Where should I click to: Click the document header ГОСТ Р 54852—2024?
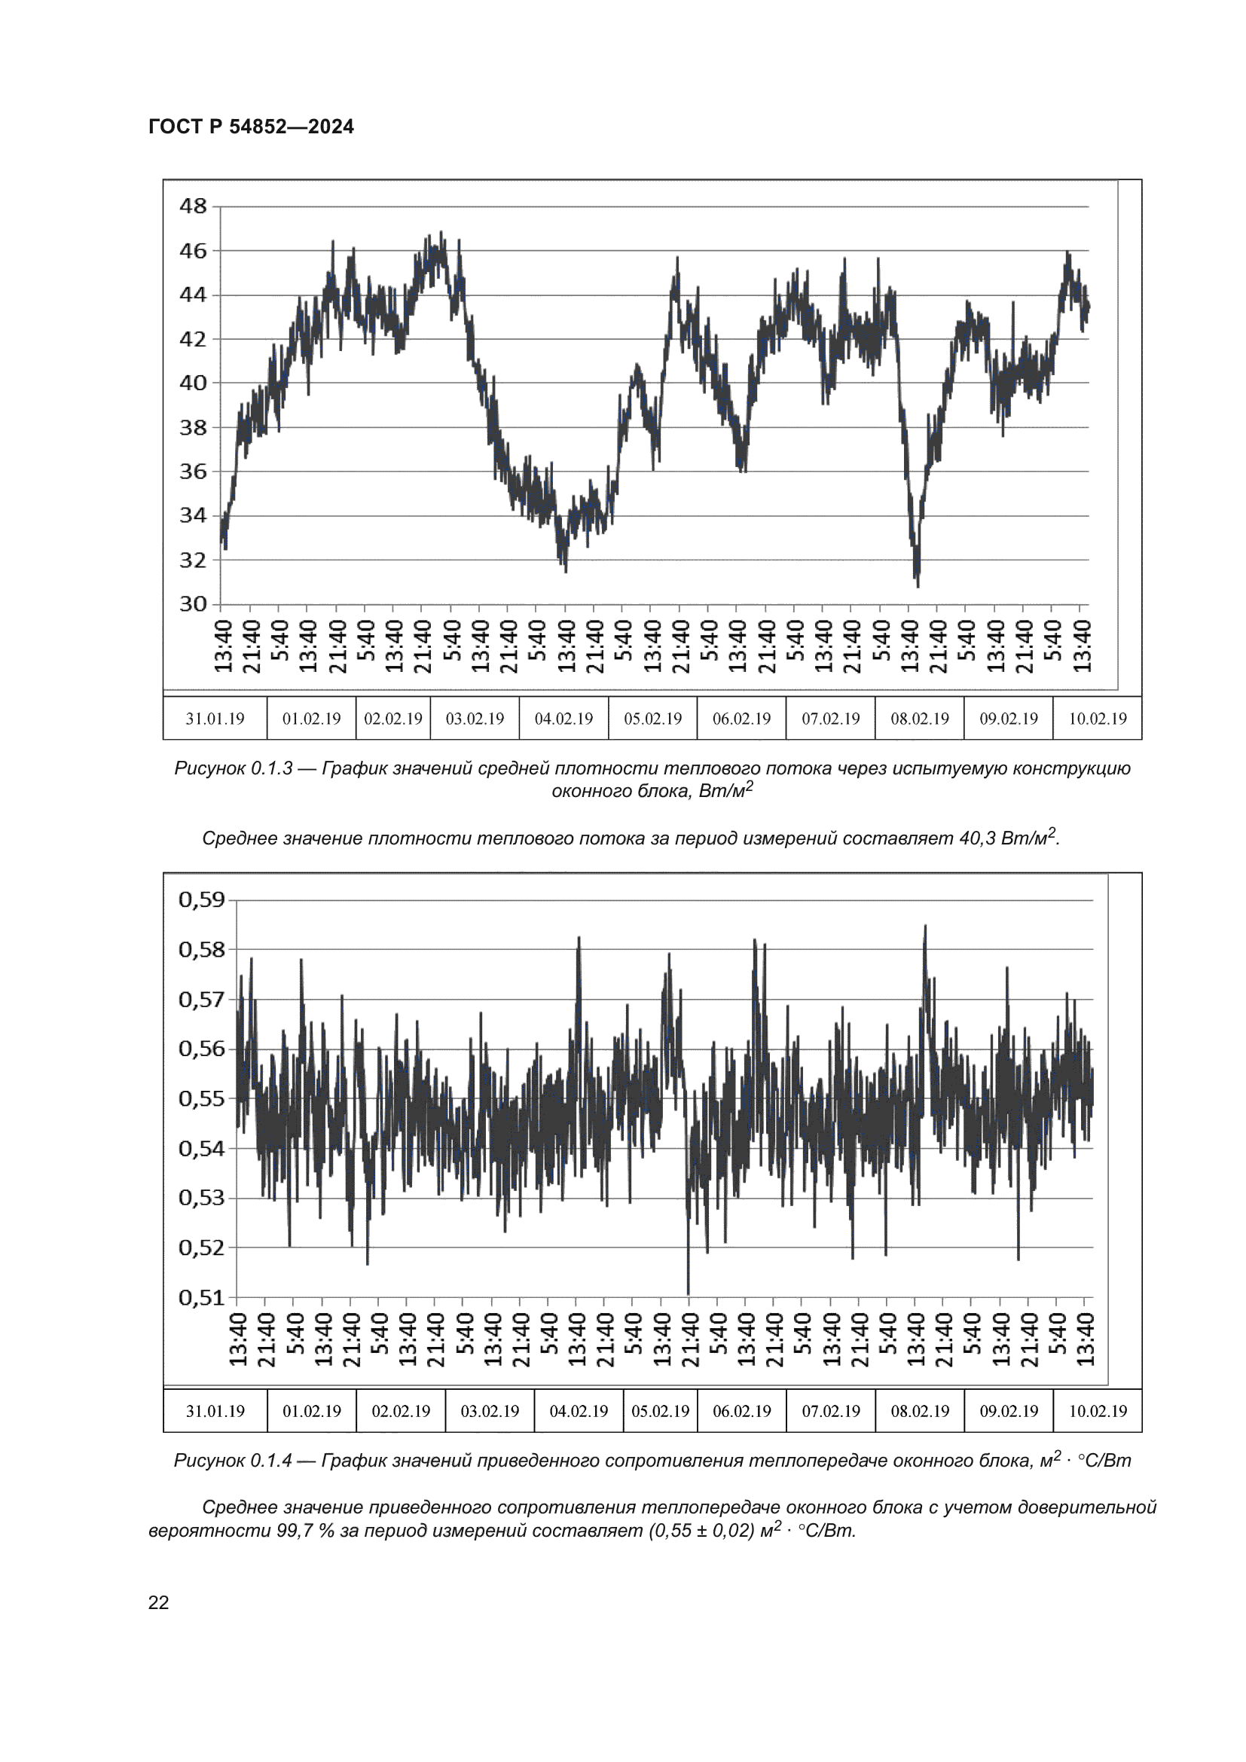click(251, 127)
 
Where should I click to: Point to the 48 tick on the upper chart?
click(193, 206)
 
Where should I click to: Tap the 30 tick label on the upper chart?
click(193, 604)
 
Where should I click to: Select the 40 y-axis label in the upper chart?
click(193, 382)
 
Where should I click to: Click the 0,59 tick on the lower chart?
click(202, 899)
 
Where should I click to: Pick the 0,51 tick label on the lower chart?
click(202, 1298)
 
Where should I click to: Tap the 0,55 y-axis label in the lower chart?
click(202, 1099)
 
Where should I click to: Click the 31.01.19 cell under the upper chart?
click(215, 719)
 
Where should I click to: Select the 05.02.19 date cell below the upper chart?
click(652, 719)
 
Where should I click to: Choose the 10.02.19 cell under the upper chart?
click(1097, 719)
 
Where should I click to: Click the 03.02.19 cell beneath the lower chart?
click(490, 1411)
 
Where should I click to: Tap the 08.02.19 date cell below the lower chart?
click(919, 1411)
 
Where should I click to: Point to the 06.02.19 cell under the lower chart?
click(741, 1411)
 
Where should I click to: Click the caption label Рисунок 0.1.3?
click(234, 768)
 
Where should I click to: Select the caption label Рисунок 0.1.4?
click(234, 1461)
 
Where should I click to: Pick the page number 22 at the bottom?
click(158, 1602)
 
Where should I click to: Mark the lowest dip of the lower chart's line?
click(689, 1293)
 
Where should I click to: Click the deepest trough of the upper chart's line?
click(918, 585)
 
